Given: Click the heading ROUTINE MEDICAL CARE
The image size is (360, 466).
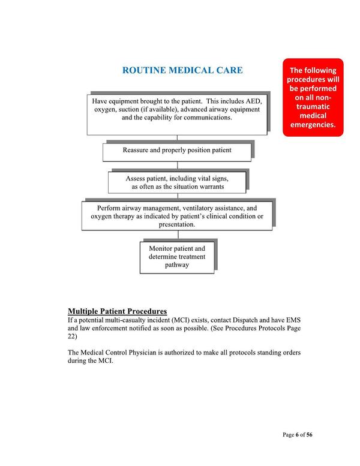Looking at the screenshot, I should pyautogui.click(x=182, y=71).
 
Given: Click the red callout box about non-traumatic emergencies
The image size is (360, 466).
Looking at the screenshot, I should pyautogui.click(x=313, y=97).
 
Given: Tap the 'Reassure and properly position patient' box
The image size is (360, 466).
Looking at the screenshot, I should pyautogui.click(x=177, y=150).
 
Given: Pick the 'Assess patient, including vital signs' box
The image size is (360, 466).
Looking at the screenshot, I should pyautogui.click(x=177, y=182).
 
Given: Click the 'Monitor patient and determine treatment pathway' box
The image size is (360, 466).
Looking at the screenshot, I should pyautogui.click(x=177, y=256).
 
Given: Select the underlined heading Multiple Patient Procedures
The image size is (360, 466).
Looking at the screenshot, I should pyautogui.click(x=117, y=311).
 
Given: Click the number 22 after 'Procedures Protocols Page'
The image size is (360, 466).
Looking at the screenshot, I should pyautogui.click(x=73, y=337).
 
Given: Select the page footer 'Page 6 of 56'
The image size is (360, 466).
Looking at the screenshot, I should pyautogui.click(x=297, y=435).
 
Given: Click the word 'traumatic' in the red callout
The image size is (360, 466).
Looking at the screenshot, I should pyautogui.click(x=313, y=106).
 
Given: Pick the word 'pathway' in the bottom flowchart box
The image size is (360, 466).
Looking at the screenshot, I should pyautogui.click(x=177, y=264).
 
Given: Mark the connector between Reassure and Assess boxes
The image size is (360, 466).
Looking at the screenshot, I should pyautogui.click(x=177, y=166).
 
